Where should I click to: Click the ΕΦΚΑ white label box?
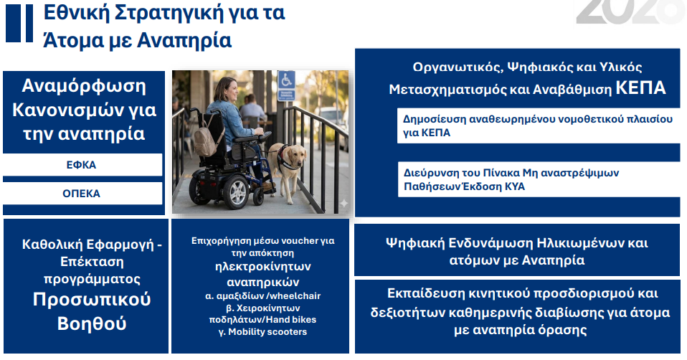(82, 165)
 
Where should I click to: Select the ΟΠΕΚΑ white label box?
(82, 194)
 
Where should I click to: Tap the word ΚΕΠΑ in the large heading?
(640, 89)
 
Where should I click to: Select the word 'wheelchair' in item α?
(297, 296)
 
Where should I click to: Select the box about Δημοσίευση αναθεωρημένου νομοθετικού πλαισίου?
(538, 126)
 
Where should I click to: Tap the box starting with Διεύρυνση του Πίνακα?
(538, 180)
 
